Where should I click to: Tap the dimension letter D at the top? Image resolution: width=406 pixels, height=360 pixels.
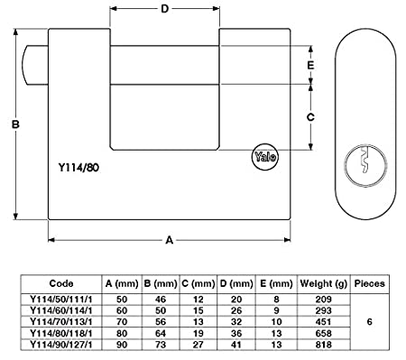pos(164,11)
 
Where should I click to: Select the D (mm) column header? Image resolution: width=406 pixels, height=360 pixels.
pos(235,282)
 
